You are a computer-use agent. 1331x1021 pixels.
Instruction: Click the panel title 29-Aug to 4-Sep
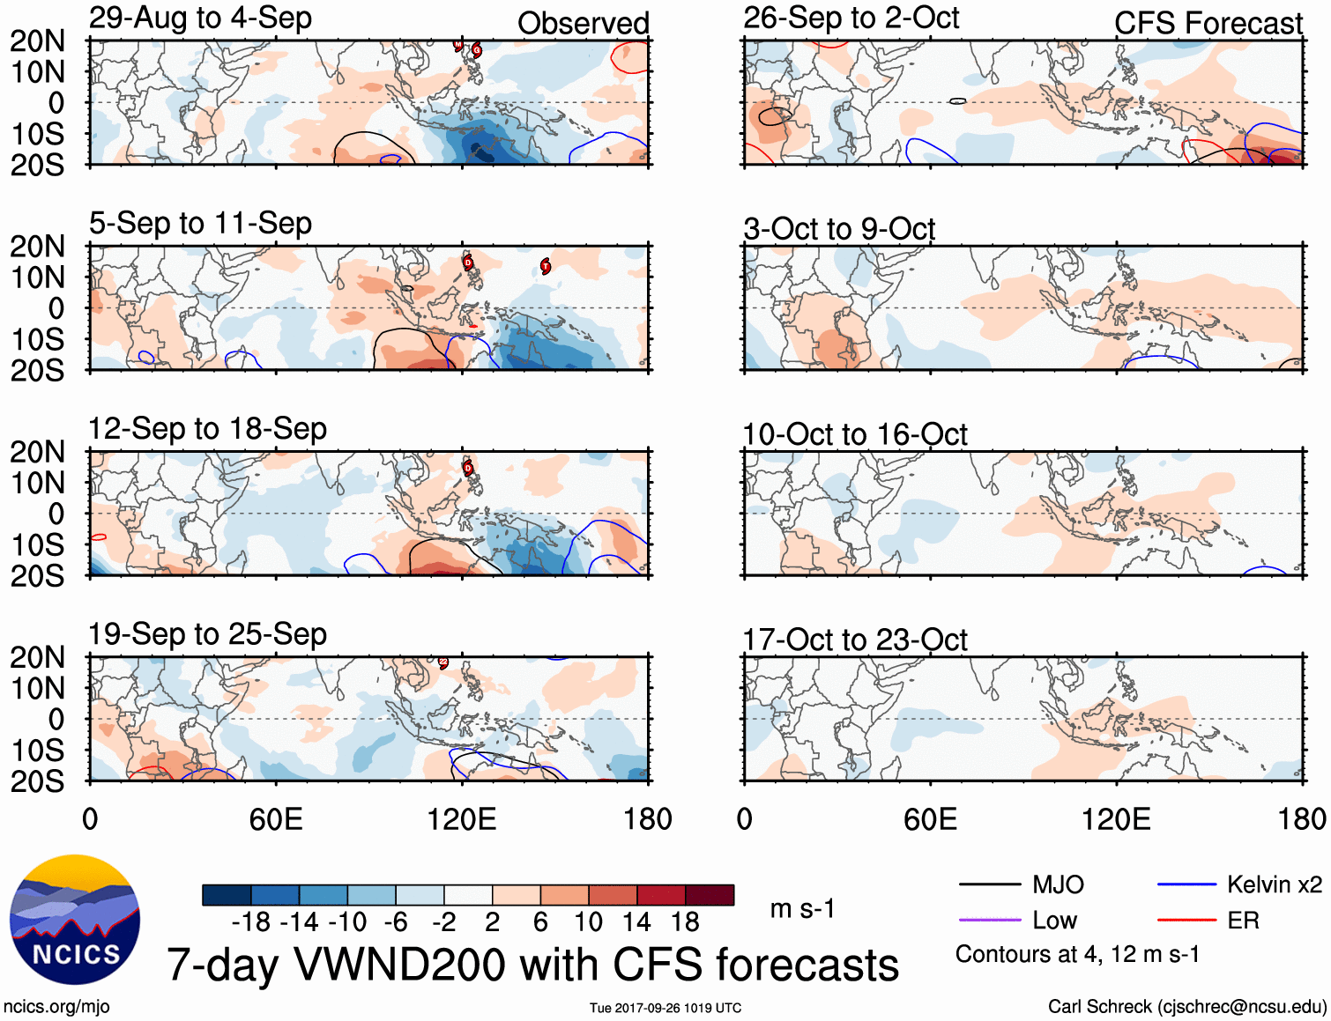200,18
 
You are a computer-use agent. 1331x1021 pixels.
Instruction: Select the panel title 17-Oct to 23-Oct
854,640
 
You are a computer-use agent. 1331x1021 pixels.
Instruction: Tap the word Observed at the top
583,24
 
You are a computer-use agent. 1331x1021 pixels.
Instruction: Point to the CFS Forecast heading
1208,24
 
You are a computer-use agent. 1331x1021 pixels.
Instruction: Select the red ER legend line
1186,921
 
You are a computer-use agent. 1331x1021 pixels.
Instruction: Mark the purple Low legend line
989,921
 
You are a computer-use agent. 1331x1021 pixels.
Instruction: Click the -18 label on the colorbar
250,922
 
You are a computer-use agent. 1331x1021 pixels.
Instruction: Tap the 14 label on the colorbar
636,922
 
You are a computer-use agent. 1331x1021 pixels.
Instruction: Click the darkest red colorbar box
710,895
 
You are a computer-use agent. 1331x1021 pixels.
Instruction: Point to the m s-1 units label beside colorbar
802,908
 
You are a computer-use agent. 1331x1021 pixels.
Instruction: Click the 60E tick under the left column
276,819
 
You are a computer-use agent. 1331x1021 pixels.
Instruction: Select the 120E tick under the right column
1116,819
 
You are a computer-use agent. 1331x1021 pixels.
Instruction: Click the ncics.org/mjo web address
56,1006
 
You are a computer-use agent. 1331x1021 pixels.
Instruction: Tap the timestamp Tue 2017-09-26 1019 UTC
665,1008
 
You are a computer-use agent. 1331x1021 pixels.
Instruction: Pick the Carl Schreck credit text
1186,1006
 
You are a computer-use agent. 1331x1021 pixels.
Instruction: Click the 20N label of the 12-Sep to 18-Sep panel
37,452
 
